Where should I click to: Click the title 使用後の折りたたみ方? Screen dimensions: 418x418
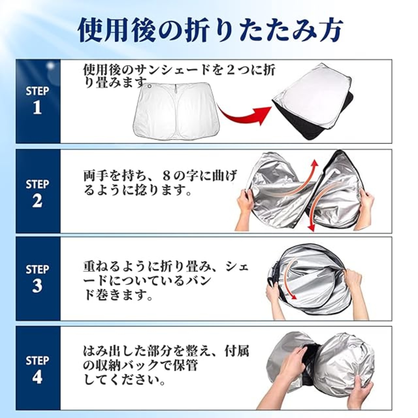[x=210, y=30]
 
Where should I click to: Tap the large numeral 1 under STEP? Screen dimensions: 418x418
[x=37, y=108]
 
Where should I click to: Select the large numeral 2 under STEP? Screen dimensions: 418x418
[x=37, y=201]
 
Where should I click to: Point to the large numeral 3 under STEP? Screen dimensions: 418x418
[x=37, y=286]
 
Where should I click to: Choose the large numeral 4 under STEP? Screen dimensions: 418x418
[x=37, y=377]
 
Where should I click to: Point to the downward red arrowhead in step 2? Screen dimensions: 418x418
[x=312, y=227]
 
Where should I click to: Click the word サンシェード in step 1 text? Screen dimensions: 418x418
[x=170, y=71]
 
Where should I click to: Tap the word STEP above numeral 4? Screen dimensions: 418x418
[x=37, y=360]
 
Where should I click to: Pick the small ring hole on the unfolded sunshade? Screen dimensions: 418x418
[x=149, y=86]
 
